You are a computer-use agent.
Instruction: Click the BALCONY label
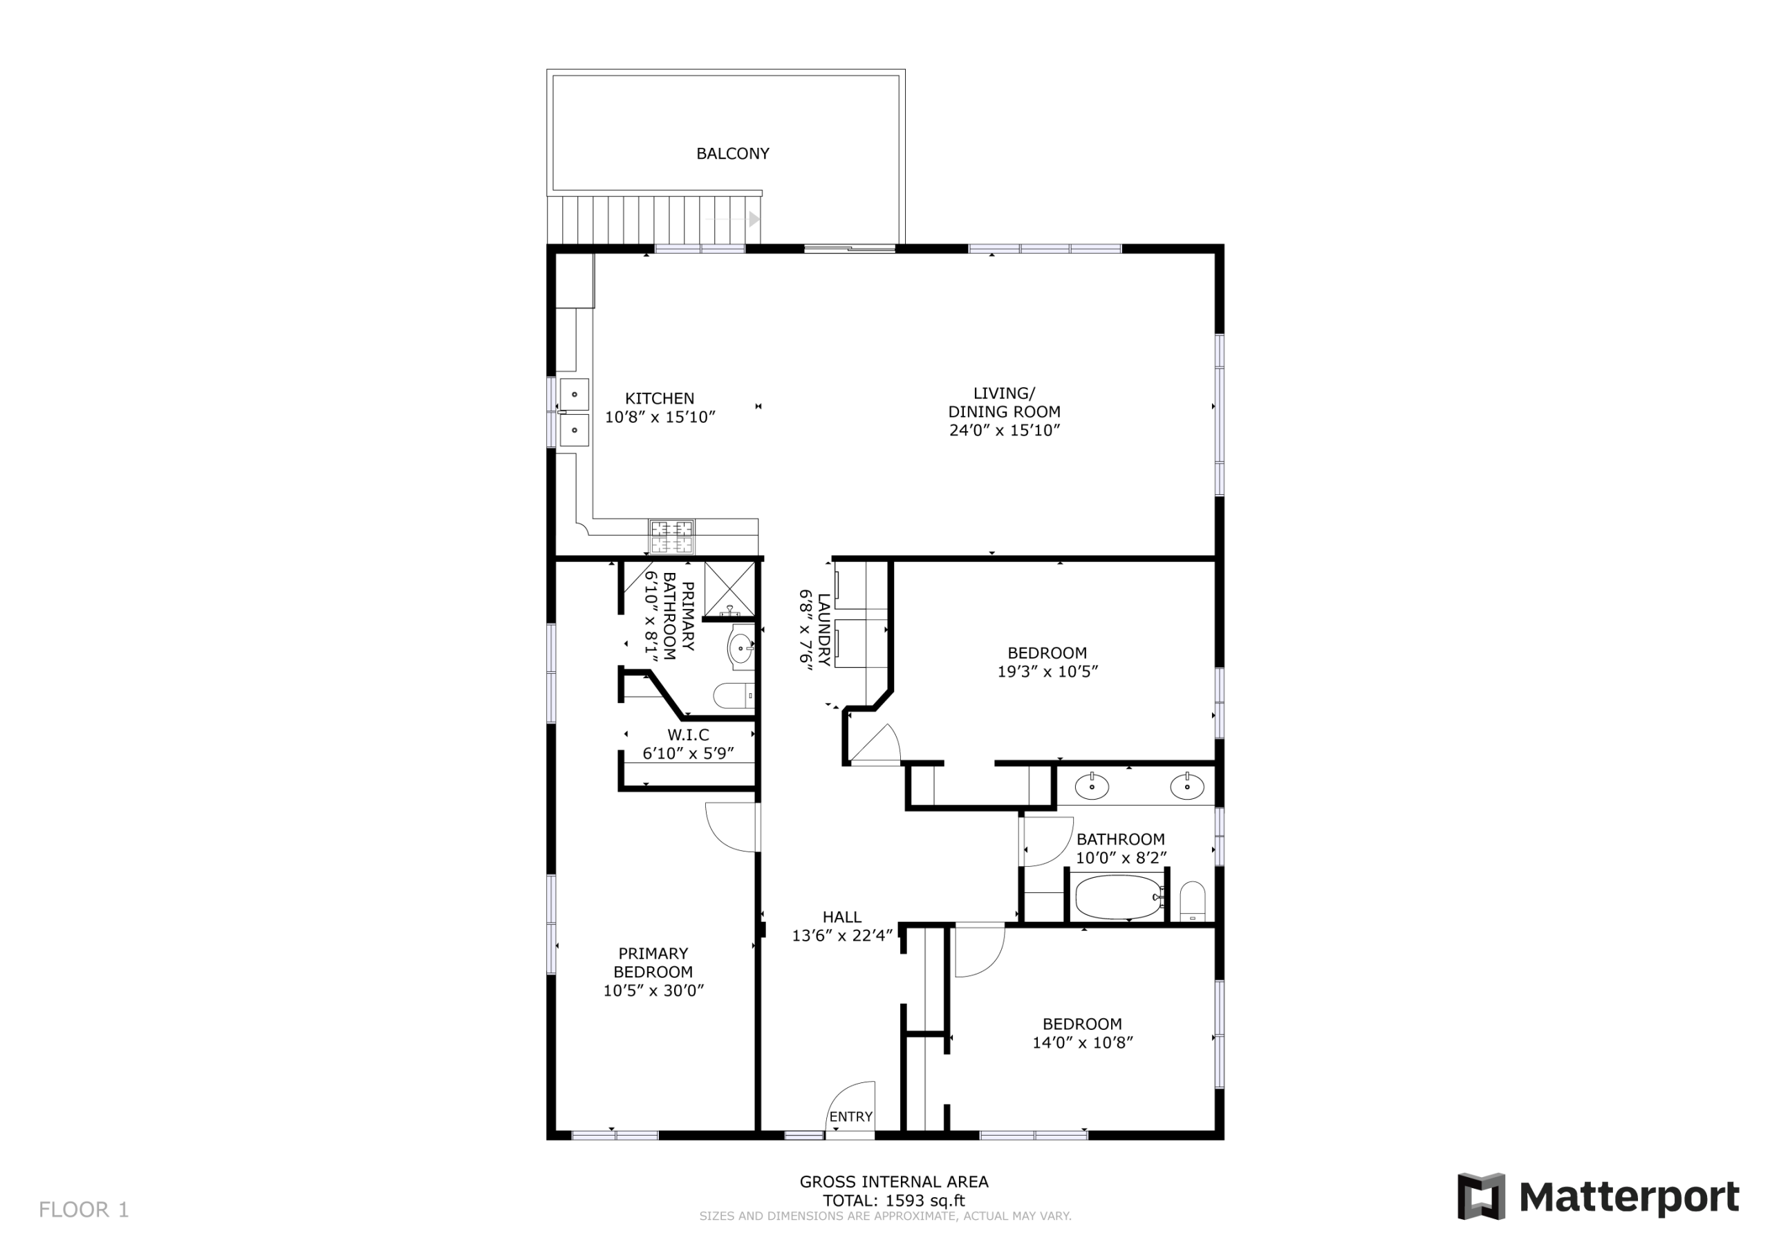(732, 153)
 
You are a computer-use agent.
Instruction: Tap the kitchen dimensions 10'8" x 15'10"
(660, 417)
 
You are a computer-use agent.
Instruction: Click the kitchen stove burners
(671, 536)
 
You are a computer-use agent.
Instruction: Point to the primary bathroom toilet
(734, 696)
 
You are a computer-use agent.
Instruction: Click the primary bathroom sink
(740, 648)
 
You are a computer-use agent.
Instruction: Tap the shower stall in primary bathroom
(729, 590)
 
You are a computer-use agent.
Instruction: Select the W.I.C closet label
(688, 735)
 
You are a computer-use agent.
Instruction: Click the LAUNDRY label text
(824, 630)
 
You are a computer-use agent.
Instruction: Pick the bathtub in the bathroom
(1119, 896)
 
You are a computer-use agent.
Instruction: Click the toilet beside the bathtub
(1192, 901)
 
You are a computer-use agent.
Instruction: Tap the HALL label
(842, 917)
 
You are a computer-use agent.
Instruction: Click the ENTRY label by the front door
(851, 1117)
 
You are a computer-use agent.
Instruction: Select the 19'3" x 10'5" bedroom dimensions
(1047, 671)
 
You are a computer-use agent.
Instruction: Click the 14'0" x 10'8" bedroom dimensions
(1082, 1043)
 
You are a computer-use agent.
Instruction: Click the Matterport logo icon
(1481, 1196)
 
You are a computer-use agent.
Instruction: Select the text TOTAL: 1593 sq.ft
(893, 1200)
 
